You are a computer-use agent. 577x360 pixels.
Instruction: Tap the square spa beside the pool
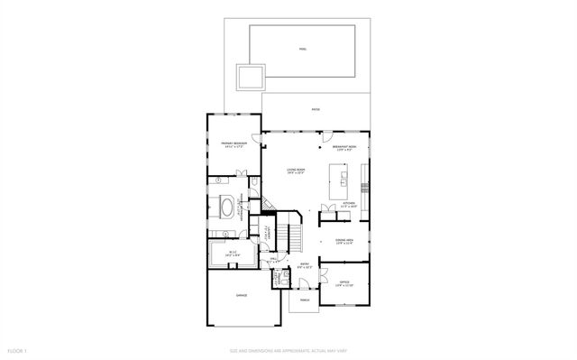249,78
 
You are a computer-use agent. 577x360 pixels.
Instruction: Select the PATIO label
316,110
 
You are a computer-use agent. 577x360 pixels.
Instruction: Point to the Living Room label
295,172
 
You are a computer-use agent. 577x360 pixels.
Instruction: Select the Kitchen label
349,206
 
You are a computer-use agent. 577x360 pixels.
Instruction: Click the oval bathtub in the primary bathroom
224,208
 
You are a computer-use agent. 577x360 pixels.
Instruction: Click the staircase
291,232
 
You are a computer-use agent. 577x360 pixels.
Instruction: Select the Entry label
305,266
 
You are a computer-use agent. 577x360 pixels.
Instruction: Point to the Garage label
242,295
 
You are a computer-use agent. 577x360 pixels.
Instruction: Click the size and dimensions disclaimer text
288,350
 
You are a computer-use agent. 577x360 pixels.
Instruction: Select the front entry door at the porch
306,287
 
